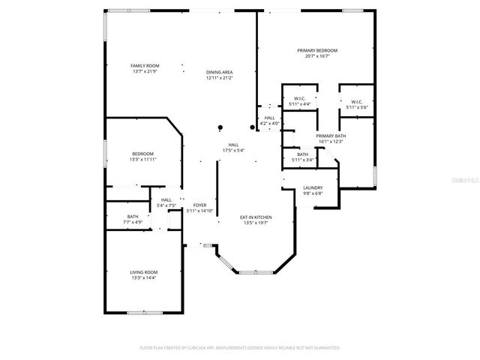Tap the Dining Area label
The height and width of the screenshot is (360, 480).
[220, 72]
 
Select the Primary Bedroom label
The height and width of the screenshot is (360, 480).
[317, 50]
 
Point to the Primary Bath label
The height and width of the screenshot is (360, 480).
[330, 136]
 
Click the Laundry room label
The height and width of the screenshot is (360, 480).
[313, 187]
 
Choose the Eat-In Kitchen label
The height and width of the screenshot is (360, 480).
[256, 217]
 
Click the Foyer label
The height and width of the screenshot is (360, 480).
[199, 205]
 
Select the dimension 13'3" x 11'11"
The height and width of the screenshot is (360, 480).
[142, 159]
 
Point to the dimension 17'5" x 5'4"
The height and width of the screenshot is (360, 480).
[234, 151]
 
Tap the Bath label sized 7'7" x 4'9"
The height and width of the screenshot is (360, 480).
[133, 216]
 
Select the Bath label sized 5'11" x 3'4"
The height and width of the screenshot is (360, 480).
[302, 154]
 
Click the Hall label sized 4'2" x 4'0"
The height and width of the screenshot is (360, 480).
[269, 118]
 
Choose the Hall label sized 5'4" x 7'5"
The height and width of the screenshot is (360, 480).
[166, 199]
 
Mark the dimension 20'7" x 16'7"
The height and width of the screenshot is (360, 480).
[317, 56]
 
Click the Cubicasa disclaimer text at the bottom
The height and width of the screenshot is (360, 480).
[240, 348]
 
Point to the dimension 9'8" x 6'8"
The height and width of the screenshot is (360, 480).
[313, 193]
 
